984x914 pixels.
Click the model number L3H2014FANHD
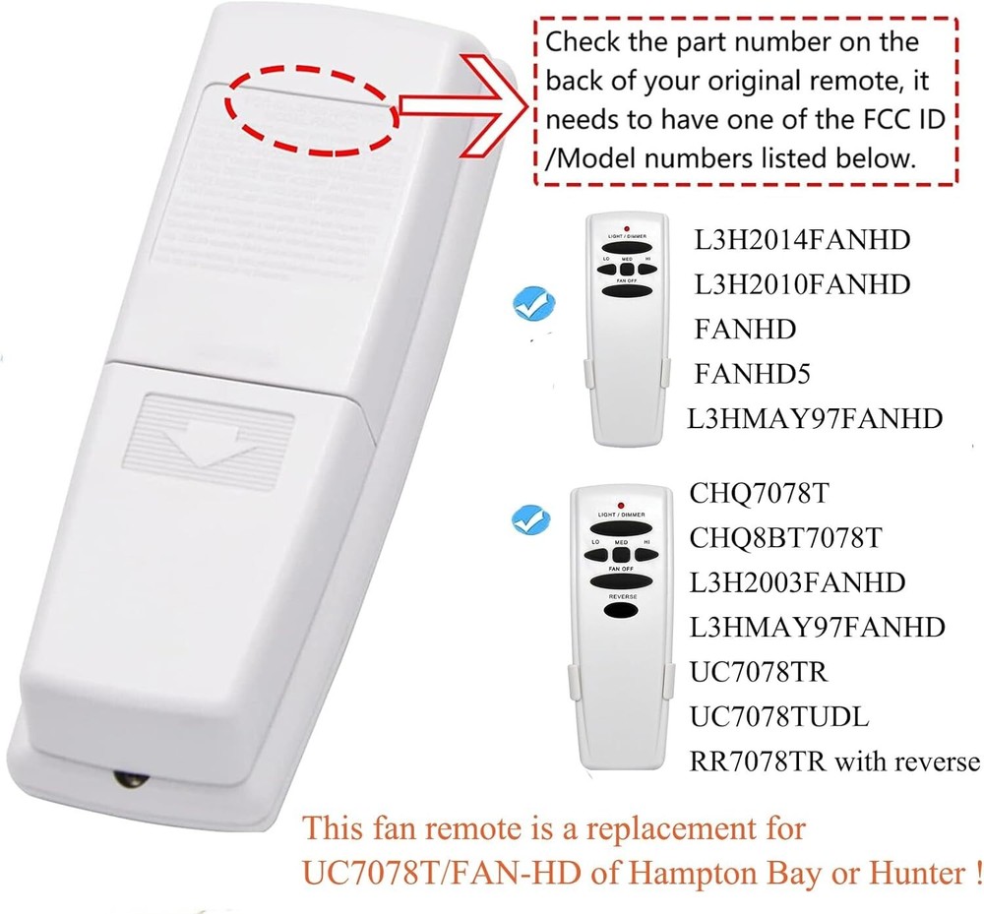802,239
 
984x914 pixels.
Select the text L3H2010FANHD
802,284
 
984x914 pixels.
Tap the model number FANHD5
752,374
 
